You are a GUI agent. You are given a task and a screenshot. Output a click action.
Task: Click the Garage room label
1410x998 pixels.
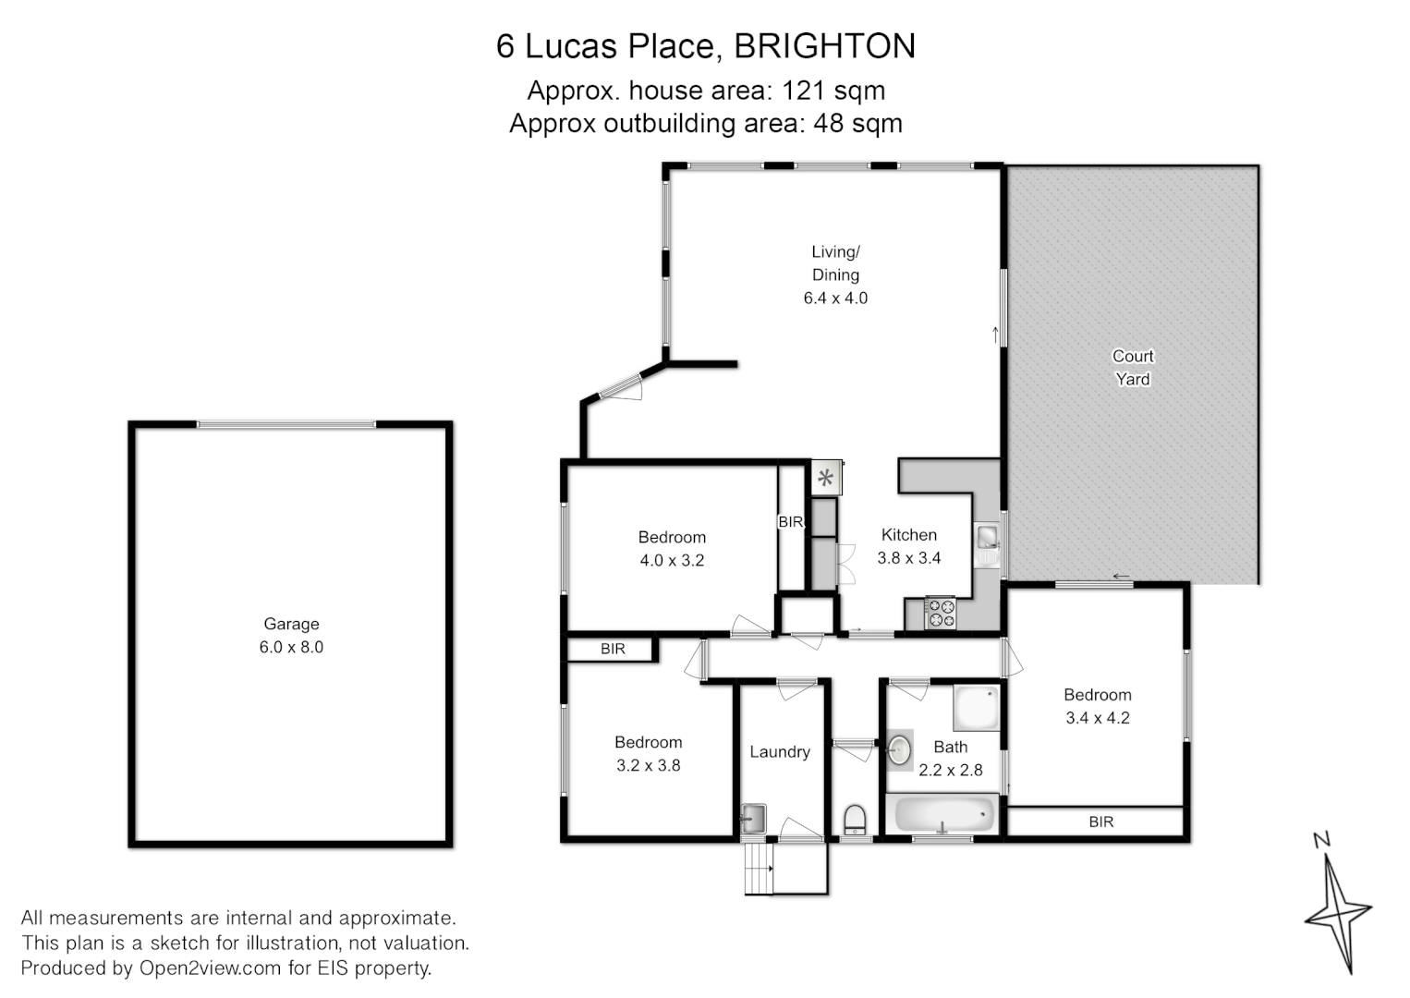291,624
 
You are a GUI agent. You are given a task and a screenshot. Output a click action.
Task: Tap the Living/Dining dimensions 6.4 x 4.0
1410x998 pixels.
835,298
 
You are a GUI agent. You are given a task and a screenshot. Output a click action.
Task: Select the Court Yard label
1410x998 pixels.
1133,367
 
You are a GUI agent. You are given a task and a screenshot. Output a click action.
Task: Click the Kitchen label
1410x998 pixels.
908,535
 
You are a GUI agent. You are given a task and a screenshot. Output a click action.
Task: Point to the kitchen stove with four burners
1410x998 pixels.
942,614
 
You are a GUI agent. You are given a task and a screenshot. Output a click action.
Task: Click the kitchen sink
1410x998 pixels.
988,536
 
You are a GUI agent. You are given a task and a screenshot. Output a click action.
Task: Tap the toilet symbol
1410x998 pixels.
856,820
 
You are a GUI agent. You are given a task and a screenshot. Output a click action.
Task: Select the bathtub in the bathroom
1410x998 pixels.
942,815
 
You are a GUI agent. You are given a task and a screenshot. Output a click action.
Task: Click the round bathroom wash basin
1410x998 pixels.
900,749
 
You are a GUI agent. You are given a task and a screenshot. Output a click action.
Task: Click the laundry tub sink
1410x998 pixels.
753,817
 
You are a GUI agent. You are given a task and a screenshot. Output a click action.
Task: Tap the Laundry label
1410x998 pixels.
780,752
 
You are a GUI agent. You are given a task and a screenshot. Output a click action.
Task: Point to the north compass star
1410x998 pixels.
1336,910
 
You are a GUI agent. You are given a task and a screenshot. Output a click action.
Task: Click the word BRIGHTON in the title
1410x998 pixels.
824,46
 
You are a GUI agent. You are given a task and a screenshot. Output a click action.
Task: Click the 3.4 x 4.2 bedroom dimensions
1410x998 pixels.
1098,718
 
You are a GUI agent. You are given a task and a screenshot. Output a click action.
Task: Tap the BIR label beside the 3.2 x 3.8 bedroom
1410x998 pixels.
613,649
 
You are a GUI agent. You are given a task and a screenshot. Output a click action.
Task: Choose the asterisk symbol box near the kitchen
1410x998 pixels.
825,479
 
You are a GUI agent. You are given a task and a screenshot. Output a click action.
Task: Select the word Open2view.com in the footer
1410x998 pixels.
210,968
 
